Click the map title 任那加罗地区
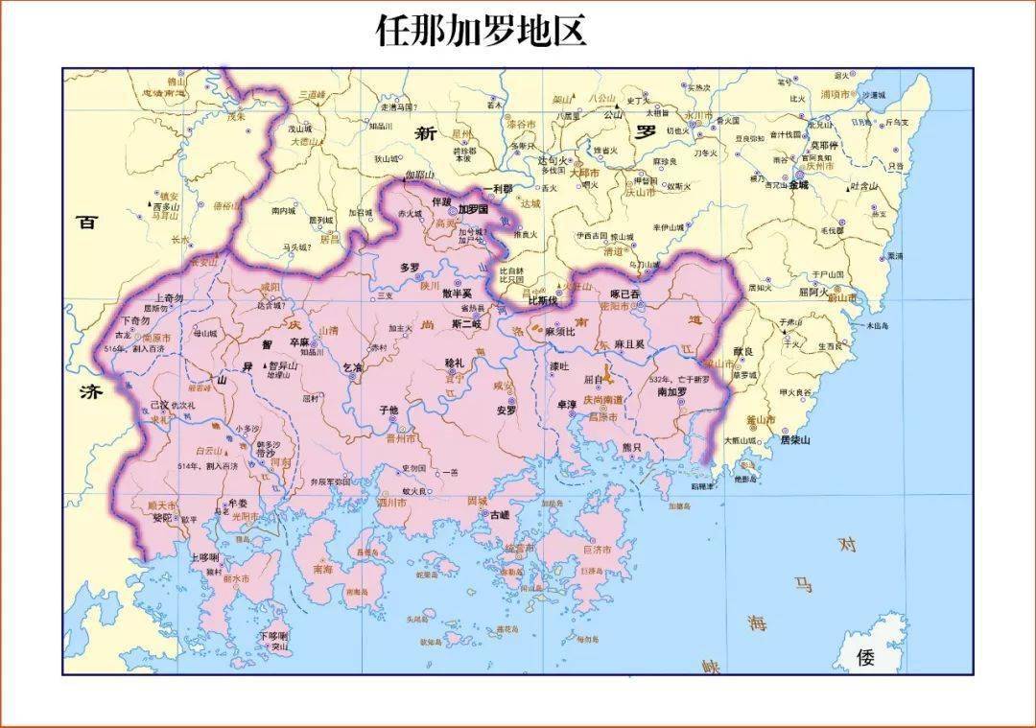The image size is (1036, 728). [x=480, y=32]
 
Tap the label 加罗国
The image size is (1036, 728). [x=473, y=208]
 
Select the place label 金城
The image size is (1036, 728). [x=798, y=185]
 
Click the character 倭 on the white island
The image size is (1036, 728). [x=865, y=657]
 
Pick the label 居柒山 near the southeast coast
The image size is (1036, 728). [x=794, y=440]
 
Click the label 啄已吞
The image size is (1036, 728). [x=624, y=293]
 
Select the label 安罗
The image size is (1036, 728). [x=506, y=410]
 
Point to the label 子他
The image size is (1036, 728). [x=388, y=410]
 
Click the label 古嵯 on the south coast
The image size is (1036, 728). [x=500, y=515]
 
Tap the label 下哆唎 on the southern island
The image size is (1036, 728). [x=274, y=636]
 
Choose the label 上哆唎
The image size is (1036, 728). [x=205, y=557]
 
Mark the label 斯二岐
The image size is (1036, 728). [x=465, y=323]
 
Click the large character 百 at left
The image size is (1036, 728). [x=88, y=222]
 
